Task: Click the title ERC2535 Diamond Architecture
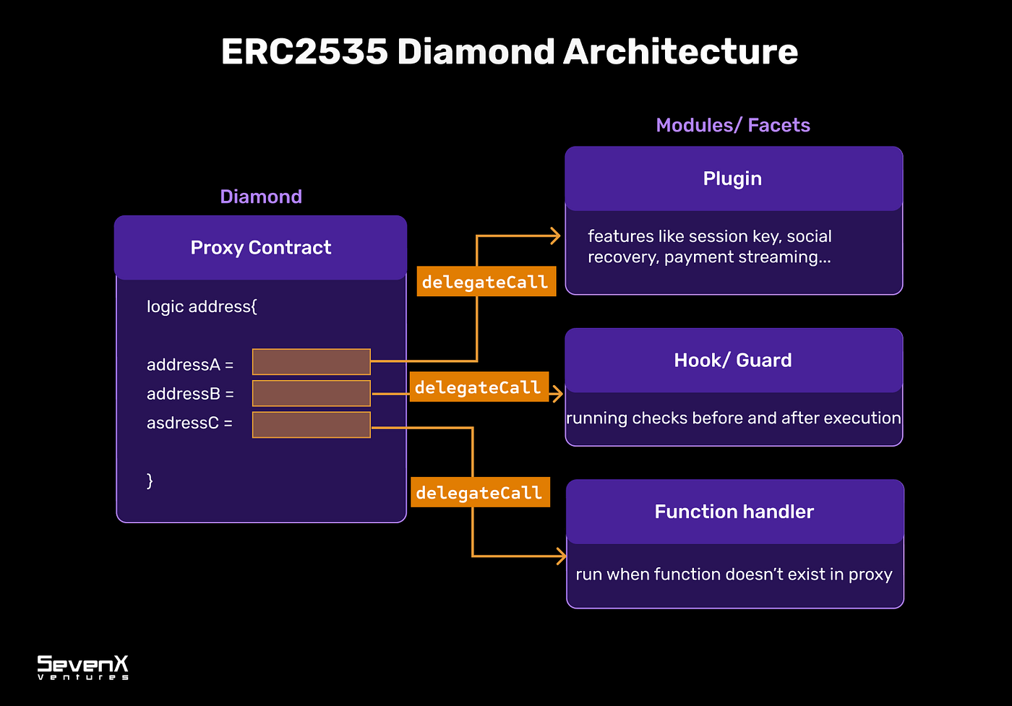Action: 509,52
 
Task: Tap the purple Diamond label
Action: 261,197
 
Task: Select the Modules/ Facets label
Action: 732,125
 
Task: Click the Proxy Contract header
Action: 261,247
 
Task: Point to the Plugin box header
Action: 733,178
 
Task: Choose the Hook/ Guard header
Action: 733,360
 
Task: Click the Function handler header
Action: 734,512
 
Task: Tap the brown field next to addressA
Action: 311,361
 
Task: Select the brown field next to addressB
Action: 311,393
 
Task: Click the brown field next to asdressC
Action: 311,425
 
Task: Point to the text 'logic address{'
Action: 202,306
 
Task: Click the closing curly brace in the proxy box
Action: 150,481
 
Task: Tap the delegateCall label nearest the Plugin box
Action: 486,282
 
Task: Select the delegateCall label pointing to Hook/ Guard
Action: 479,387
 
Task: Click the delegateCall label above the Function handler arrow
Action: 479,493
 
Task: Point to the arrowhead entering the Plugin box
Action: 556,236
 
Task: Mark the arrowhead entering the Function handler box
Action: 561,556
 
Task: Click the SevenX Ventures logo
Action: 83,667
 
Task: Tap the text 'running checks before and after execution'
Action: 733,418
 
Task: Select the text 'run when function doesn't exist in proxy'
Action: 734,574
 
